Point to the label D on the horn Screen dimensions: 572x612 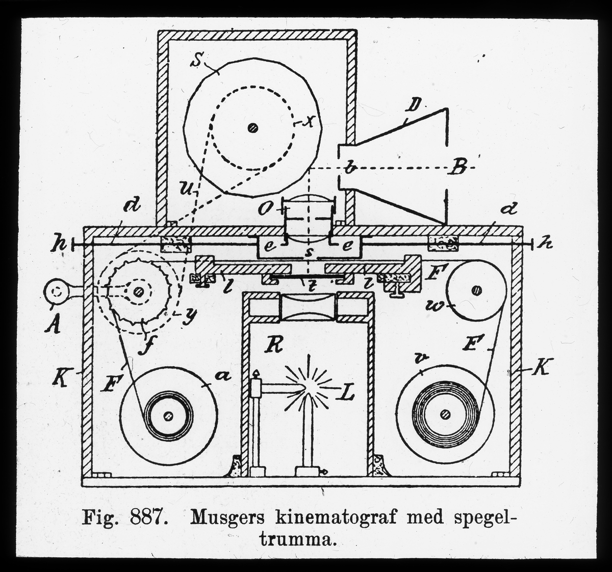click(414, 105)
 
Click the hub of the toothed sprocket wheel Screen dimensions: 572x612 click(139, 292)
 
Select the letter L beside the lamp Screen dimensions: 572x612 click(349, 393)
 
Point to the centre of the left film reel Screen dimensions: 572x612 click(168, 416)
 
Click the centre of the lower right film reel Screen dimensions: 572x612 click(445, 414)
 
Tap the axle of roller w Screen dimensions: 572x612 click(476, 290)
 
